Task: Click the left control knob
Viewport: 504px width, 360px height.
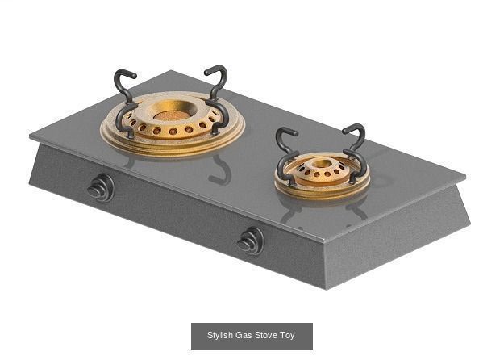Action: point(101,190)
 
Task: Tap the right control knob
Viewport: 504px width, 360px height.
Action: point(250,241)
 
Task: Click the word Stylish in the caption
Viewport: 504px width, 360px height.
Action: point(219,335)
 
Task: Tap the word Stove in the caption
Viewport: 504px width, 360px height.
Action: point(266,335)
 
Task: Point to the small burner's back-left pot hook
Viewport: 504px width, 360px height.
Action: point(285,139)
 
